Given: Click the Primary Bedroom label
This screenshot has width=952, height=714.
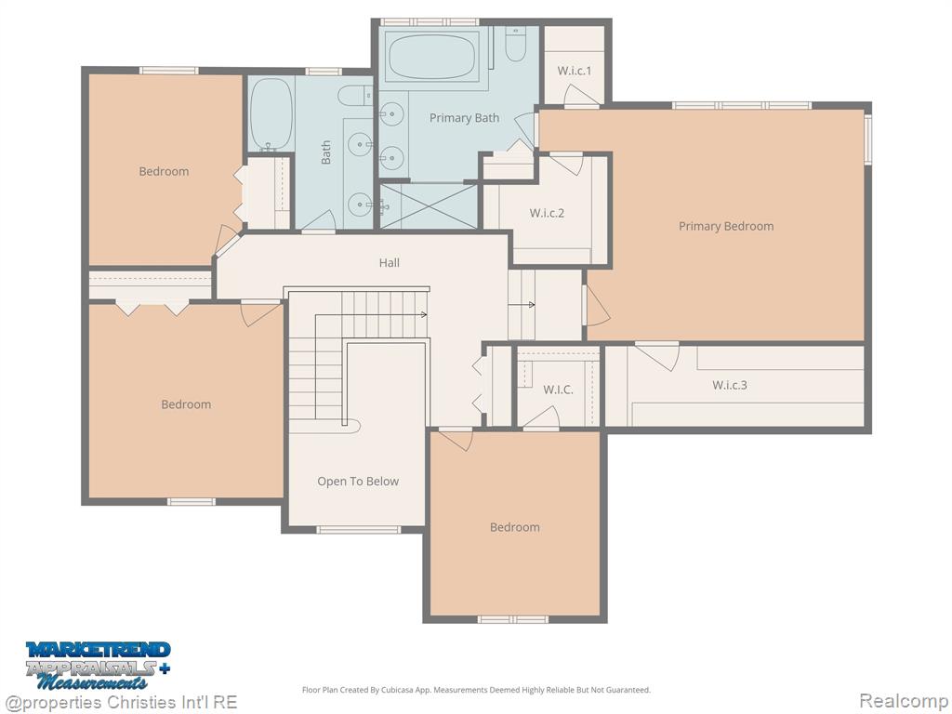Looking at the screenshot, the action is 726,227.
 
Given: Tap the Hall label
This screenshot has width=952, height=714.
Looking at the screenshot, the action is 390,263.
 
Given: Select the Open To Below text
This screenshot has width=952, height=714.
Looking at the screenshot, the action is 358,482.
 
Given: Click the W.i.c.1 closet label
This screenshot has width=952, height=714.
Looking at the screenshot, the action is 574,71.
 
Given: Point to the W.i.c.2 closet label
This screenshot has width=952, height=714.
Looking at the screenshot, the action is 547,213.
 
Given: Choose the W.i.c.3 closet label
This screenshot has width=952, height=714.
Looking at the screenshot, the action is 729,385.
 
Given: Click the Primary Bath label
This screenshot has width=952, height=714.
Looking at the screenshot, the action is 465,118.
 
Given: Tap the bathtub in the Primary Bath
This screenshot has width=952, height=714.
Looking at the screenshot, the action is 431,57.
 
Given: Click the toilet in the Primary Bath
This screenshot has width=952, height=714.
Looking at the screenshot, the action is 515,45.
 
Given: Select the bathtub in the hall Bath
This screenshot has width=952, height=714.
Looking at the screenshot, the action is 271,114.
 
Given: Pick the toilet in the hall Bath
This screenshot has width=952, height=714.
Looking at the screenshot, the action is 355,96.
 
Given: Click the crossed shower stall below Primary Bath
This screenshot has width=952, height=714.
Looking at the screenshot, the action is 428,205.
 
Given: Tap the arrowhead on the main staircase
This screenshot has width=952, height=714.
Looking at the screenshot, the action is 424,314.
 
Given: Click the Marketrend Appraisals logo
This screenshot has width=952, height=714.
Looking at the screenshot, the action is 98,666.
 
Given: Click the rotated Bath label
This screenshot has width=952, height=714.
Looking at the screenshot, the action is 326,152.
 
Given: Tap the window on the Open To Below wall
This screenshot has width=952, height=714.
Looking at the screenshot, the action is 358,530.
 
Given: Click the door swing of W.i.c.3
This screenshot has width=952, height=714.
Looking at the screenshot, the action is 658,357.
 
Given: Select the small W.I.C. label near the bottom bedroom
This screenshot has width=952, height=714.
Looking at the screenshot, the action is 558,390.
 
